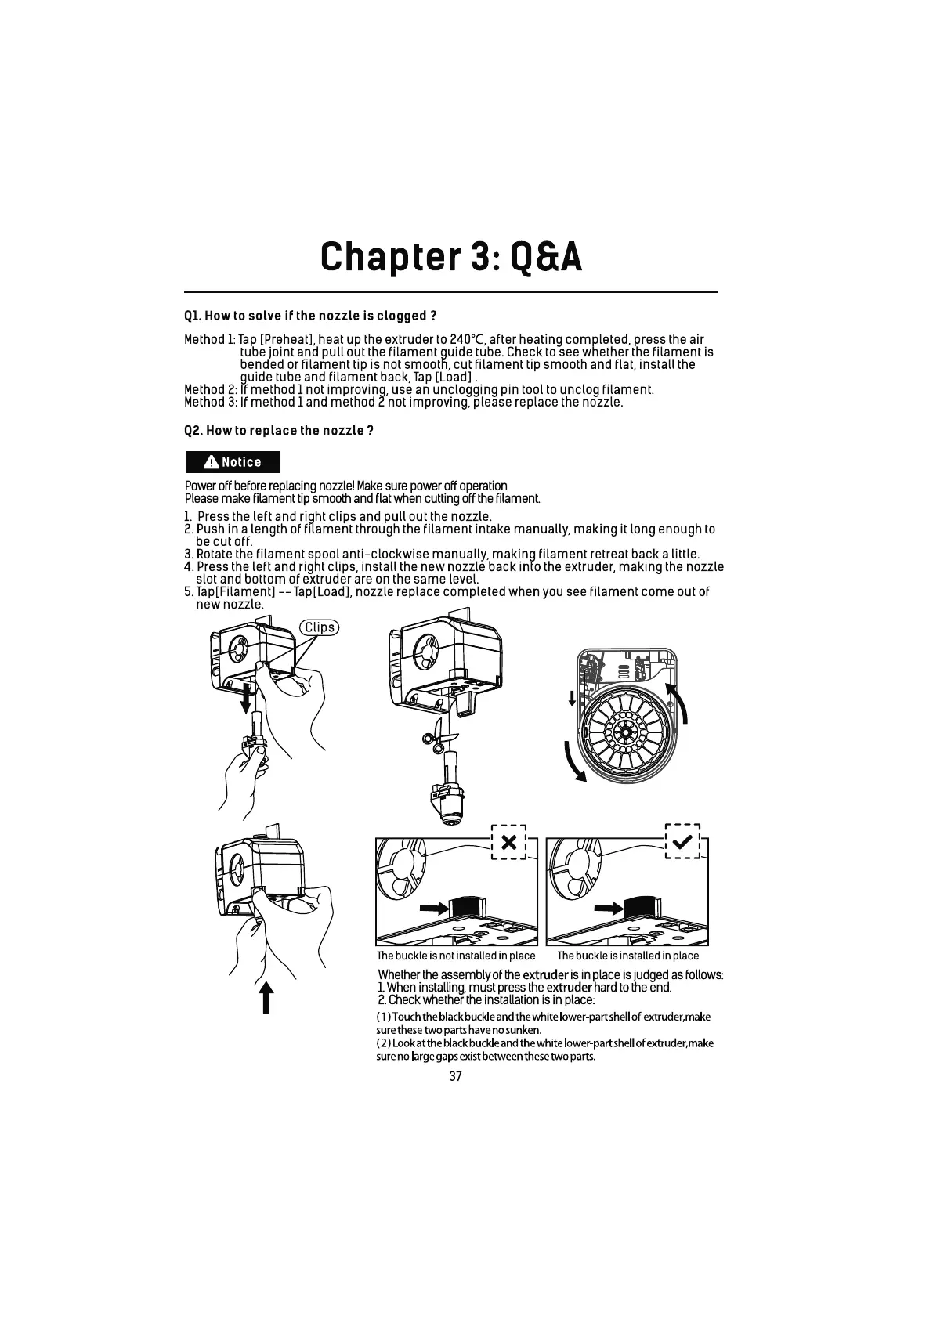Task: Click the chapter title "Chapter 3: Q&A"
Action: point(451,257)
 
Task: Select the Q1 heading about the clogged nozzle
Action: point(309,316)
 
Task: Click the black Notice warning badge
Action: point(232,462)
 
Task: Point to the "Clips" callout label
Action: point(319,627)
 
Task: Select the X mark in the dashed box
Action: point(508,843)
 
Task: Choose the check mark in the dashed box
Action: point(682,842)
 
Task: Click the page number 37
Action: point(456,1076)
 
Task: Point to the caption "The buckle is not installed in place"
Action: point(456,956)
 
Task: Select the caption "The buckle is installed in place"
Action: point(627,956)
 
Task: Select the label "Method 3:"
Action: point(211,402)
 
